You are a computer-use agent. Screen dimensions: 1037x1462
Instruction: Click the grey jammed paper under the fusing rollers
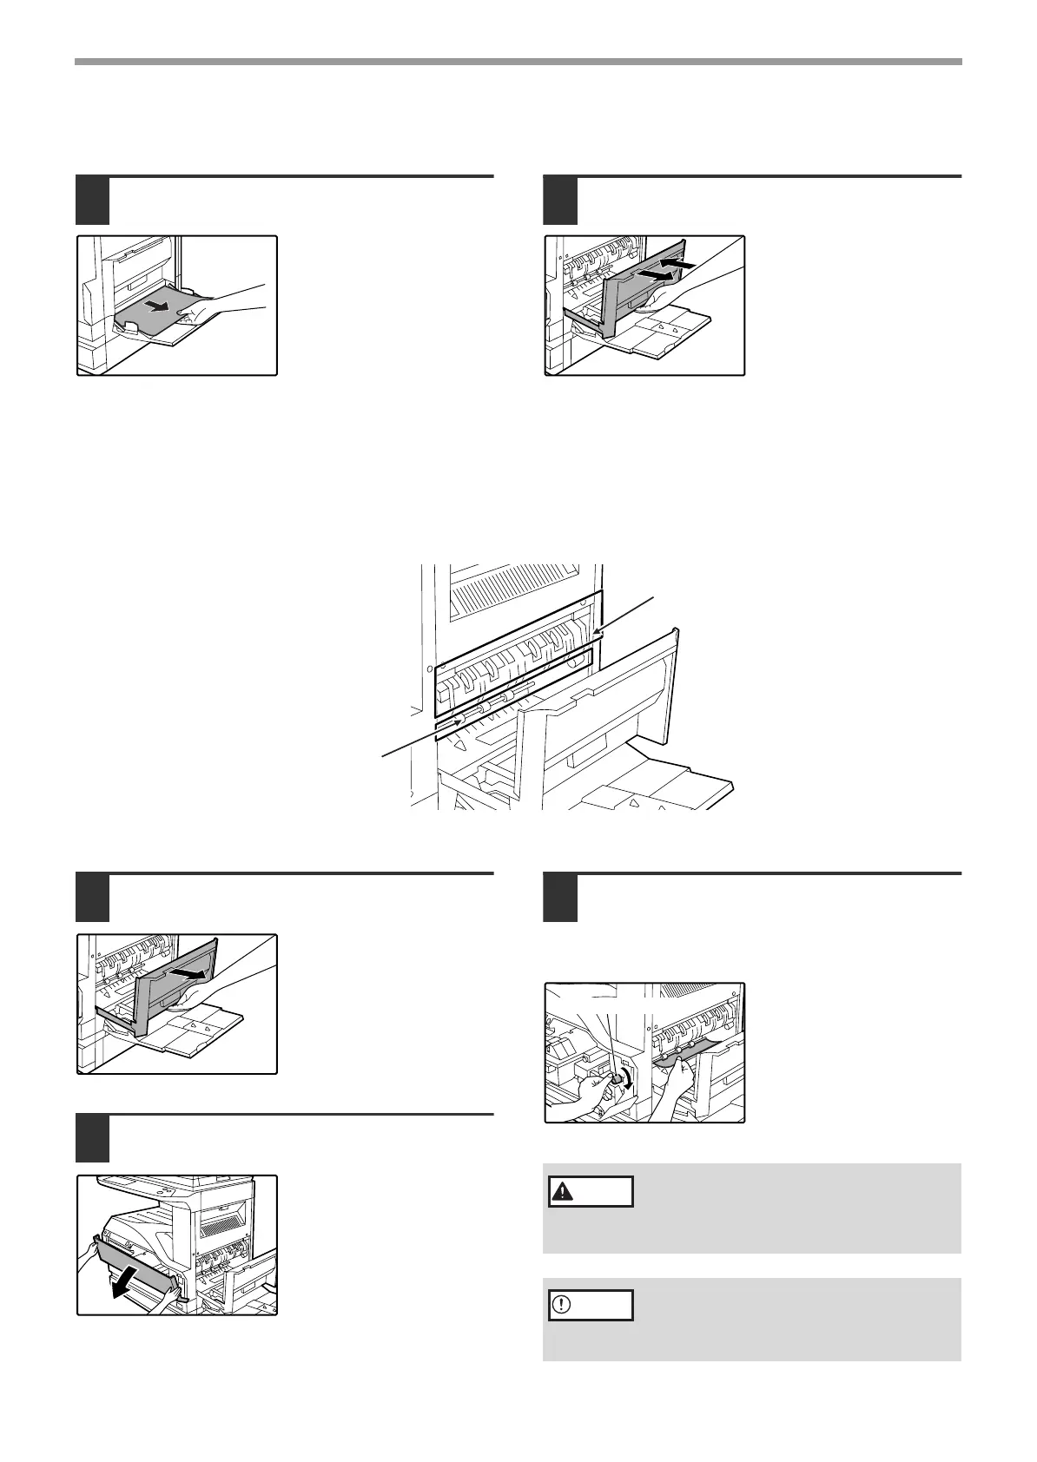coord(682,1053)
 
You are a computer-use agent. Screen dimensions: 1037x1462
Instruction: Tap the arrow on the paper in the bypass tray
coord(157,305)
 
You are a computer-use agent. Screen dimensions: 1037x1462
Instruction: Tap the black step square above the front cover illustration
coord(92,1138)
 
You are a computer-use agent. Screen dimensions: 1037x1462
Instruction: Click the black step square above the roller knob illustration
coord(560,897)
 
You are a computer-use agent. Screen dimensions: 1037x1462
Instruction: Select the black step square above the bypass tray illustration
coord(92,200)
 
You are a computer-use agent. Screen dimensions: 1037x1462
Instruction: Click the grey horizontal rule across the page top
coord(518,62)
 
